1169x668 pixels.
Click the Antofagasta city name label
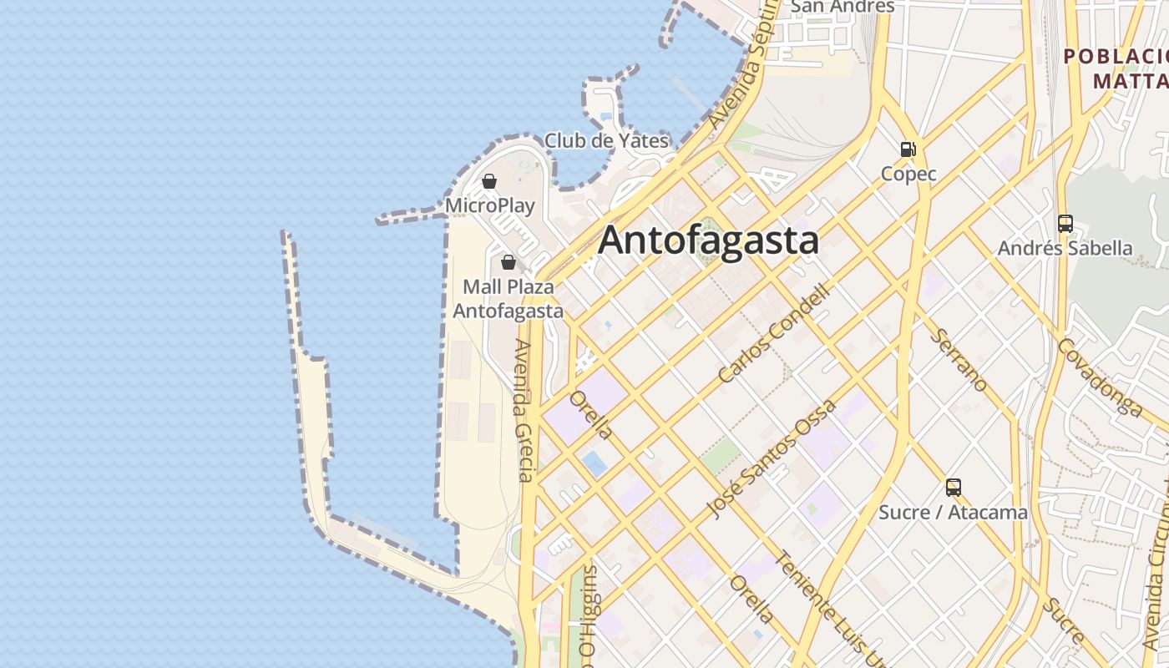708,240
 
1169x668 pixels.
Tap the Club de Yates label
606,140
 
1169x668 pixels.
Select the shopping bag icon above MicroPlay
489,181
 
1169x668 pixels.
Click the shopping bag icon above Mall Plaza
508,262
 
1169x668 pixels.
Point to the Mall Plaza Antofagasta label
508,299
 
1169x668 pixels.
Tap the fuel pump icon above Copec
908,149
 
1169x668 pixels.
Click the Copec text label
908,174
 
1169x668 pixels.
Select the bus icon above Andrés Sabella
1065,224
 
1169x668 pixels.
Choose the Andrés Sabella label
1065,248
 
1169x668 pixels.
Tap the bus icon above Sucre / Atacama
953,488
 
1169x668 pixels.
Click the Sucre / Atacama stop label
953,512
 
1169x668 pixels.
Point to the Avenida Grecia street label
524,411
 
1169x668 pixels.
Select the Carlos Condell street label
775,334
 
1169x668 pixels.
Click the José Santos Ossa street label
771,460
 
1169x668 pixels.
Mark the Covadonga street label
1100,377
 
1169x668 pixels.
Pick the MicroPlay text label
489,205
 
